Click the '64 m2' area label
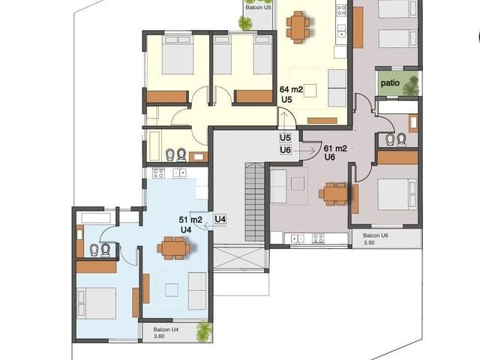tap(291, 89)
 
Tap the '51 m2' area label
tap(190, 220)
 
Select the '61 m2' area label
tap(335, 148)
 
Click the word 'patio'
tap(390, 82)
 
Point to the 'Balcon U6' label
tap(375, 235)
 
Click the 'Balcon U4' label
tap(166, 330)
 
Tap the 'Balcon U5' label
tap(258, 7)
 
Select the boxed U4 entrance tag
tap(220, 219)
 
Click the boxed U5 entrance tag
tap(285, 138)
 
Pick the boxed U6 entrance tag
tap(285, 150)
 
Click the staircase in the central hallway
tap(254, 202)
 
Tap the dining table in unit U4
tap(173, 247)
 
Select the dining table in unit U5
tap(298, 27)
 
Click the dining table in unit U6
tap(334, 193)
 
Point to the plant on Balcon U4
tap(204, 331)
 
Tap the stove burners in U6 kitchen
tap(318, 238)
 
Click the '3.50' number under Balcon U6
tap(369, 242)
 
